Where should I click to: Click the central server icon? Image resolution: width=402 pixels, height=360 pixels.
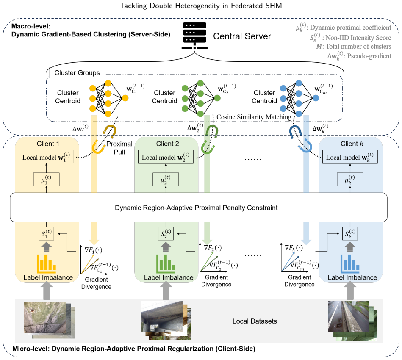pyautogui.click(x=194, y=36)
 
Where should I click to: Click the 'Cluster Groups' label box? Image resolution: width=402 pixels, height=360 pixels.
pyautogui.click(x=77, y=73)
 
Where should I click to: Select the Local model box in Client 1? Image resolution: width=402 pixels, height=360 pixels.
pyautogui.click(x=47, y=157)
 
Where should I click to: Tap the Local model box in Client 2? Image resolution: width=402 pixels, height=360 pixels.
pyautogui.click(x=166, y=157)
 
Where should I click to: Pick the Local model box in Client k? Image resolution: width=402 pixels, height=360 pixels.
pyautogui.click(x=350, y=157)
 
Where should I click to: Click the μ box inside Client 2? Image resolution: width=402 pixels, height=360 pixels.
pyautogui.click(x=166, y=179)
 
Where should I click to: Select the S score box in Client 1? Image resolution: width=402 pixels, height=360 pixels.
pyautogui.click(x=47, y=234)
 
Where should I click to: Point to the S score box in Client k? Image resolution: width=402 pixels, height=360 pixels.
pyautogui.click(x=350, y=234)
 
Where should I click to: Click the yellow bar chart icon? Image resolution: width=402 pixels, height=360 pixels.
pyautogui.click(x=47, y=263)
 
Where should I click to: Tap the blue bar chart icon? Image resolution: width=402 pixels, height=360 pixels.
pyautogui.click(x=350, y=263)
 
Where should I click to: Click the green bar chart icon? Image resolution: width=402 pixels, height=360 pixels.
pyautogui.click(x=166, y=263)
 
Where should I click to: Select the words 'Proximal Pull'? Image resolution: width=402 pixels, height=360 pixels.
pyautogui.click(x=119, y=148)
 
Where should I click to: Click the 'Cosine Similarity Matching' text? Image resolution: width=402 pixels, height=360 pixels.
pyautogui.click(x=254, y=117)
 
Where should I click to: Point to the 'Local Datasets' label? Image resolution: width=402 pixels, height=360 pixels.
pyautogui.click(x=255, y=321)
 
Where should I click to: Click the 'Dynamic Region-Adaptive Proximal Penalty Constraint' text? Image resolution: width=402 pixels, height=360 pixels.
pyautogui.click(x=196, y=208)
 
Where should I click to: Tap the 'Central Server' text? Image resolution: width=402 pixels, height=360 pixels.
pyautogui.click(x=242, y=36)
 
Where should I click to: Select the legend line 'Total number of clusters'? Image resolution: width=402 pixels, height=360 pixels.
pyautogui.click(x=354, y=47)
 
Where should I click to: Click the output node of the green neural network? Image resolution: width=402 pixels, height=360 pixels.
pyautogui.click(x=217, y=98)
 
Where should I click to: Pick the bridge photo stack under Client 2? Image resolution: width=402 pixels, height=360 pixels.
pyautogui.click(x=166, y=321)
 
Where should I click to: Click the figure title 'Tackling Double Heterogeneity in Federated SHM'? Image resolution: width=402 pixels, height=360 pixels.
pyautogui.click(x=201, y=6)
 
